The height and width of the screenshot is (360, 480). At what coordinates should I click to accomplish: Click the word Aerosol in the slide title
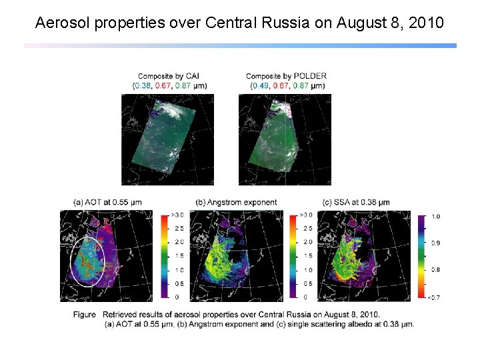point(61,23)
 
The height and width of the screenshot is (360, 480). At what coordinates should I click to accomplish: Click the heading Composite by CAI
point(169,76)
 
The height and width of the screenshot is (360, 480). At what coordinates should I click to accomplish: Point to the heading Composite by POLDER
point(286,76)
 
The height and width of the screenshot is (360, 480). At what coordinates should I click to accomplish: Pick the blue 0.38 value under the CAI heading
point(142,85)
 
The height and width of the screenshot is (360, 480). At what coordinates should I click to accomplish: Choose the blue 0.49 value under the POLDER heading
point(259,85)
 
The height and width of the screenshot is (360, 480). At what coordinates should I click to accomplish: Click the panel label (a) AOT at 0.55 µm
point(107,202)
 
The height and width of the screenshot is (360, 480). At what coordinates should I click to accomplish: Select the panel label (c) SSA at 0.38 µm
point(356,202)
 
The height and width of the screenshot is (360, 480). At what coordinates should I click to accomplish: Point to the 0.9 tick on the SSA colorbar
point(435,243)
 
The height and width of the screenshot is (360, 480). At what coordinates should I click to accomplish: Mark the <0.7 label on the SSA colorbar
point(433,297)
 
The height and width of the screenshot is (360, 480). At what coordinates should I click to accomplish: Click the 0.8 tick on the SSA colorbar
point(435,270)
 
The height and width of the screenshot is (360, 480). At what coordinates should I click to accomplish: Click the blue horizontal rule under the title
point(240,45)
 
